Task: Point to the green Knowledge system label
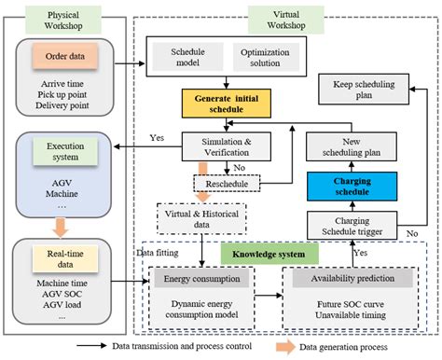coord(270,252)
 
